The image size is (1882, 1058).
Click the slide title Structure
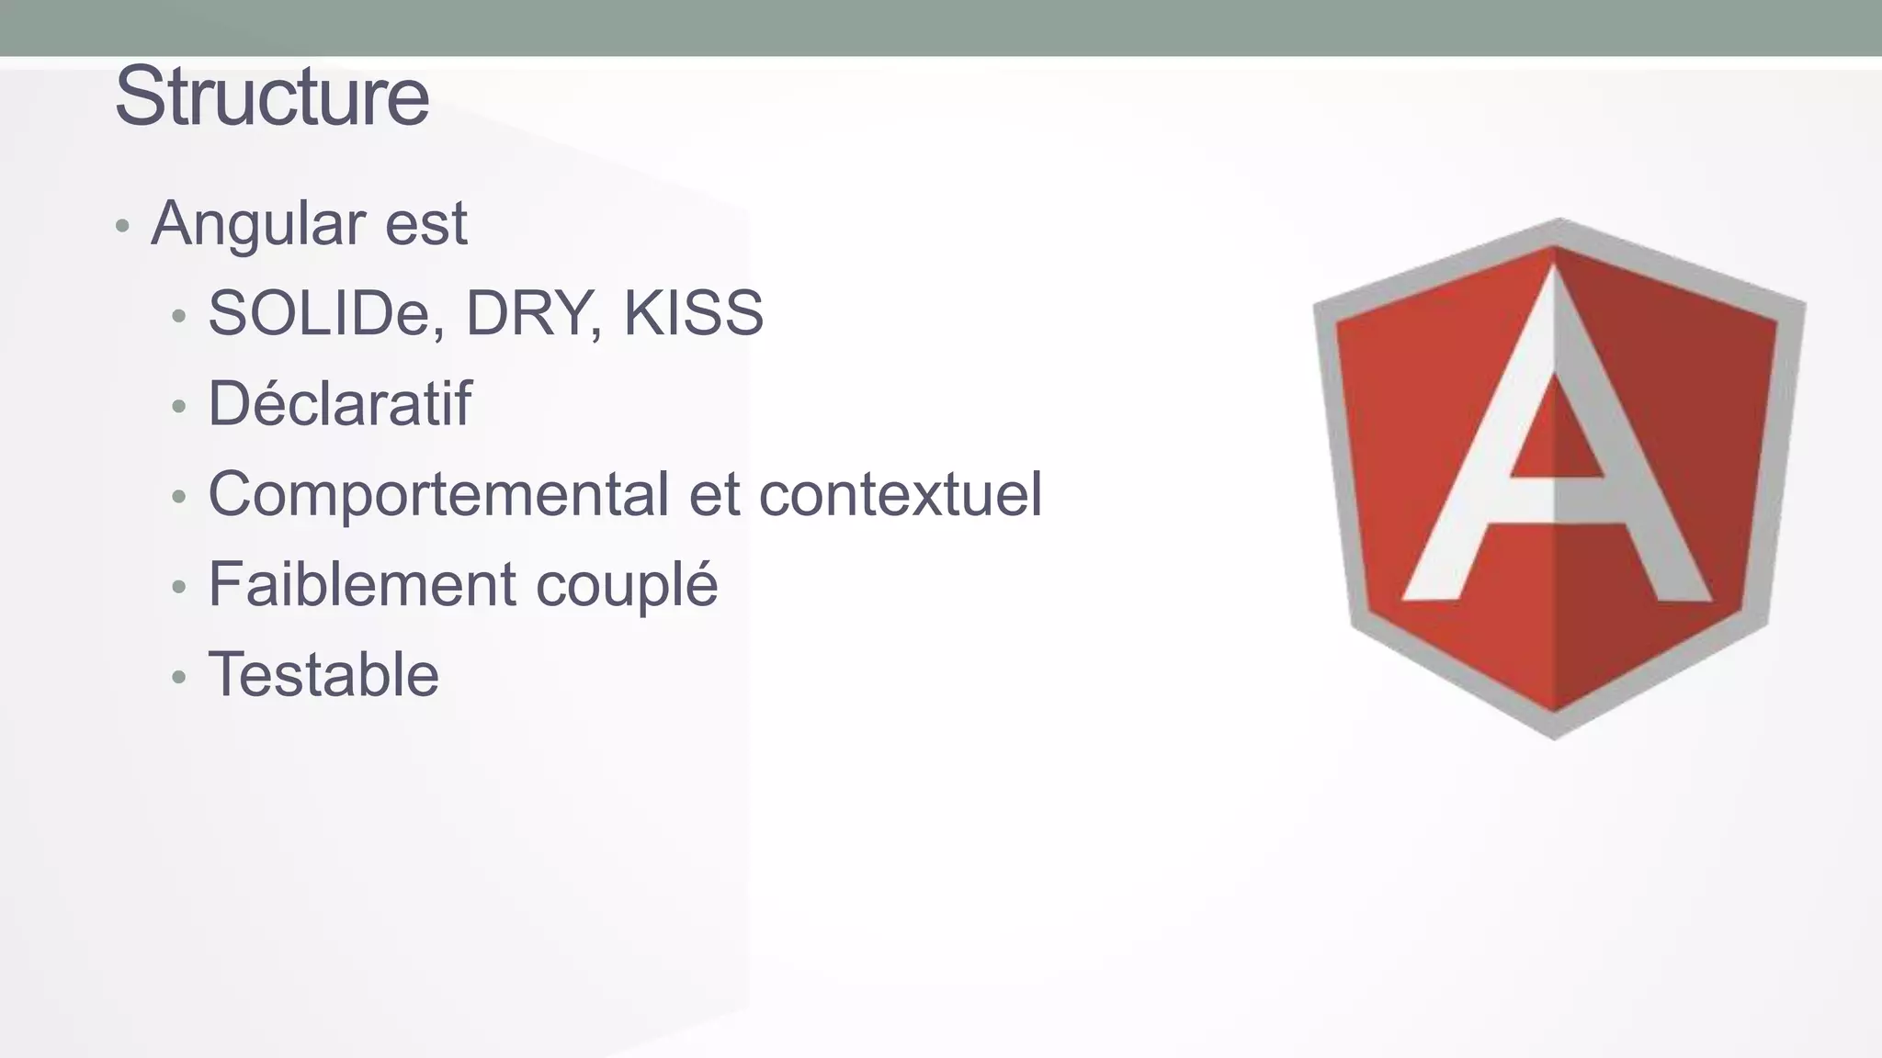(272, 96)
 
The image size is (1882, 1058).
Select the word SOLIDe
(326, 313)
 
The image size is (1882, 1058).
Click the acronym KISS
(693, 313)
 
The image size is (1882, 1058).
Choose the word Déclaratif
(339, 403)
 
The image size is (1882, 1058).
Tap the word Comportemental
(438, 494)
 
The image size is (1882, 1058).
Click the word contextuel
(900, 494)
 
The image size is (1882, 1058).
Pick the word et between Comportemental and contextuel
(714, 494)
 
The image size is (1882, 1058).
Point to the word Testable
(323, 674)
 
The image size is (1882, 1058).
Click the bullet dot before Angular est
(122, 225)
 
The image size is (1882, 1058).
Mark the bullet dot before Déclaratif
(179, 406)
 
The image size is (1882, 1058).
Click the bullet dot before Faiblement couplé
(179, 587)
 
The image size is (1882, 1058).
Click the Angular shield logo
(1558, 478)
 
